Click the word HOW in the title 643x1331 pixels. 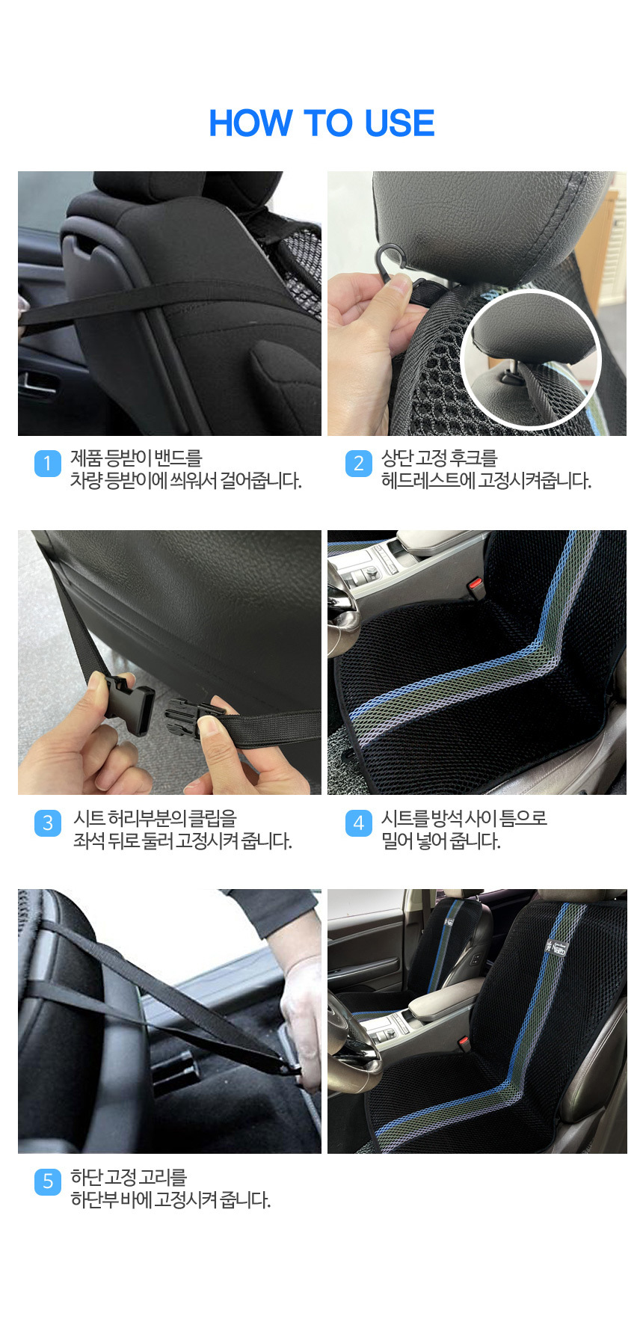tap(250, 123)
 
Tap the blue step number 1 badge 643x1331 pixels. tap(48, 464)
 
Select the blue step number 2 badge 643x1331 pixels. tap(358, 464)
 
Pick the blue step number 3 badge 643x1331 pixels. tap(48, 823)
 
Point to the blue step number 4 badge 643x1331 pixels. tap(358, 823)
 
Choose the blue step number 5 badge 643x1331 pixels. tap(48, 1181)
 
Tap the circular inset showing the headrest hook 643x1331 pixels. tap(532, 360)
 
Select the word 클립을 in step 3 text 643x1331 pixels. tap(213, 819)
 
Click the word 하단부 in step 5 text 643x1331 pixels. tap(90, 1200)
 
